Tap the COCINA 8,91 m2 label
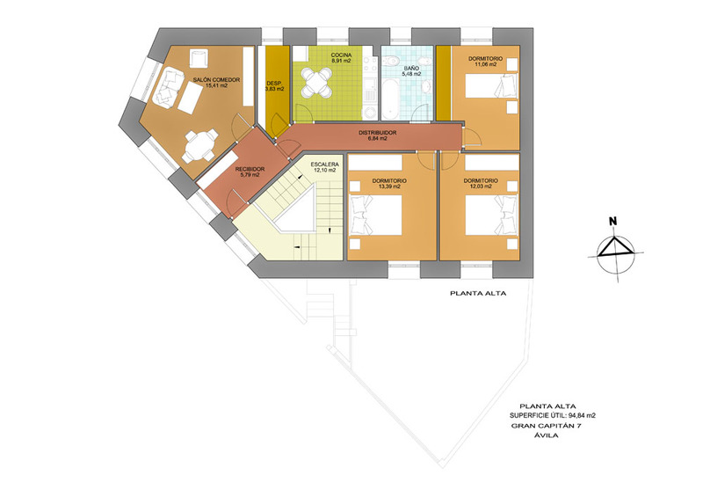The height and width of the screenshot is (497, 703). pyautogui.click(x=341, y=57)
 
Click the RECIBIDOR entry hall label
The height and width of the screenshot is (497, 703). pyautogui.click(x=250, y=172)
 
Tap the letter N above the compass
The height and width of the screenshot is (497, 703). pyautogui.click(x=612, y=221)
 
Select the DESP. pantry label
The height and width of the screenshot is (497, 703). pyautogui.click(x=274, y=85)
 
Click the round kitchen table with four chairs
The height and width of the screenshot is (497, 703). pyautogui.click(x=316, y=82)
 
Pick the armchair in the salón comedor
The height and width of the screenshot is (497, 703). pyautogui.click(x=198, y=58)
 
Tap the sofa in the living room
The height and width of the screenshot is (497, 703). pyautogui.click(x=168, y=88)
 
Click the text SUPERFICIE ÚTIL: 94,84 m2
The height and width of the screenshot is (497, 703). pyautogui.click(x=553, y=415)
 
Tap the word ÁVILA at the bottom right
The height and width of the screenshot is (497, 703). pyautogui.click(x=546, y=435)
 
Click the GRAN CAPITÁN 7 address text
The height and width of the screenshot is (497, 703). pyautogui.click(x=546, y=426)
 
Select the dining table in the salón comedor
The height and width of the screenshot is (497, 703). pyautogui.click(x=200, y=146)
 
